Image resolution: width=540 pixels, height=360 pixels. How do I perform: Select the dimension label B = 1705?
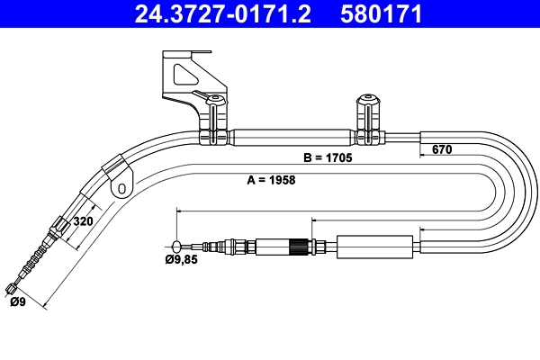point(328,157)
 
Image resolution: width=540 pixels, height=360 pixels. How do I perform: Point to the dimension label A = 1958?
point(271,179)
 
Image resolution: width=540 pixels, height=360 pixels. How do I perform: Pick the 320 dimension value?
point(83,220)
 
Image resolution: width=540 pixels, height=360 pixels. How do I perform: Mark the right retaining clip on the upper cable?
point(367,120)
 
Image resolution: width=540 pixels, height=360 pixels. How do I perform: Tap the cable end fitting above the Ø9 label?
point(12,288)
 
